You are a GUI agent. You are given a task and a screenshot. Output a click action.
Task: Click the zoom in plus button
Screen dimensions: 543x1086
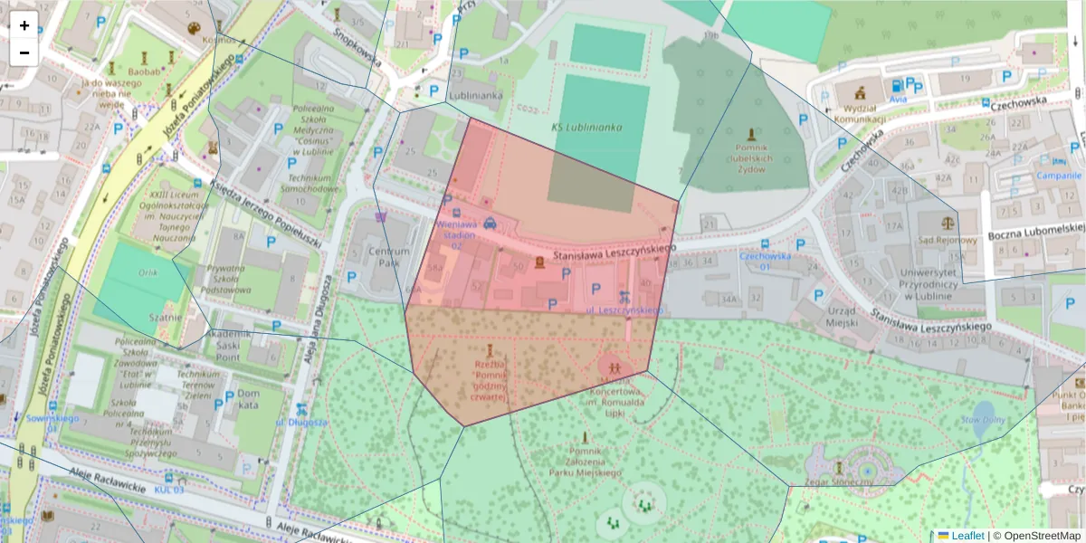point(24,25)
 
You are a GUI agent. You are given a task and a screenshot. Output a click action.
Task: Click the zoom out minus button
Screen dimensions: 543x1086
point(24,52)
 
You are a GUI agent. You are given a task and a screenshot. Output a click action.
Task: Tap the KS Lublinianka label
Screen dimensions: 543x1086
point(586,128)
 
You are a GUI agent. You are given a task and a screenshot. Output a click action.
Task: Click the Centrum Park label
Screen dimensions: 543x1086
point(376,256)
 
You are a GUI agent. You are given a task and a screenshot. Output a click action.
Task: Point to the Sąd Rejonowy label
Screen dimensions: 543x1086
point(947,240)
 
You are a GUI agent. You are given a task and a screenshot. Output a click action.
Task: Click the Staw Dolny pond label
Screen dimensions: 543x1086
point(983,421)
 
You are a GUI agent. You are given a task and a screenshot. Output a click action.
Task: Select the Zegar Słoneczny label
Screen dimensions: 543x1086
point(838,482)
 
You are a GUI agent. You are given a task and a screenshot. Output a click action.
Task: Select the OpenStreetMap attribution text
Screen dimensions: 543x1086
point(1041,535)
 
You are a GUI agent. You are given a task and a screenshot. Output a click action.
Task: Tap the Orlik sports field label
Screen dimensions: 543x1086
point(147,272)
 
